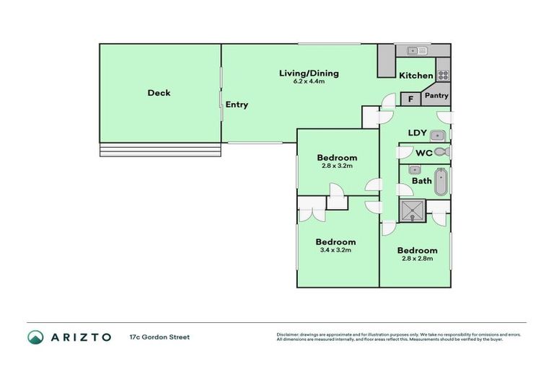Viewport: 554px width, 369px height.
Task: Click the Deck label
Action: pos(159,93)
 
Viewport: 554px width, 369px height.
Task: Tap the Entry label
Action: pos(237,105)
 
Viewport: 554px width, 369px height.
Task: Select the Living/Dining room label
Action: pos(309,74)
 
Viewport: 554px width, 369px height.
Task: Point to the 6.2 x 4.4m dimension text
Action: pos(309,82)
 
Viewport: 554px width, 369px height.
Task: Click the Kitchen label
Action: pos(416,76)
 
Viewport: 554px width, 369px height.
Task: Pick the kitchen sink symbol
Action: pos(416,50)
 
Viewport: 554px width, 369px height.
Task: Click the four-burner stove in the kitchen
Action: pos(443,74)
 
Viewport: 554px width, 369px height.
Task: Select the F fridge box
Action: pos(410,99)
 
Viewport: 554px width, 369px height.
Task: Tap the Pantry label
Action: pos(436,96)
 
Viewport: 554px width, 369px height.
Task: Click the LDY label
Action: pos(418,133)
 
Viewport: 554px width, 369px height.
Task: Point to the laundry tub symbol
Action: pos(439,135)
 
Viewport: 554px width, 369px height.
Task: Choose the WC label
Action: pos(424,153)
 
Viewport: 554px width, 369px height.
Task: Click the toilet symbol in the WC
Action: pos(442,153)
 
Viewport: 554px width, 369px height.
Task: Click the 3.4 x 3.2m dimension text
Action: pos(335,251)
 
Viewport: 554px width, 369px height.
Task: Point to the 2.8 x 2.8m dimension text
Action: pos(416,259)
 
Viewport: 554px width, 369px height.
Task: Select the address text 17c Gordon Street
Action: pos(159,337)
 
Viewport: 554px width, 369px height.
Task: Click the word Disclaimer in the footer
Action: pos(287,334)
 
